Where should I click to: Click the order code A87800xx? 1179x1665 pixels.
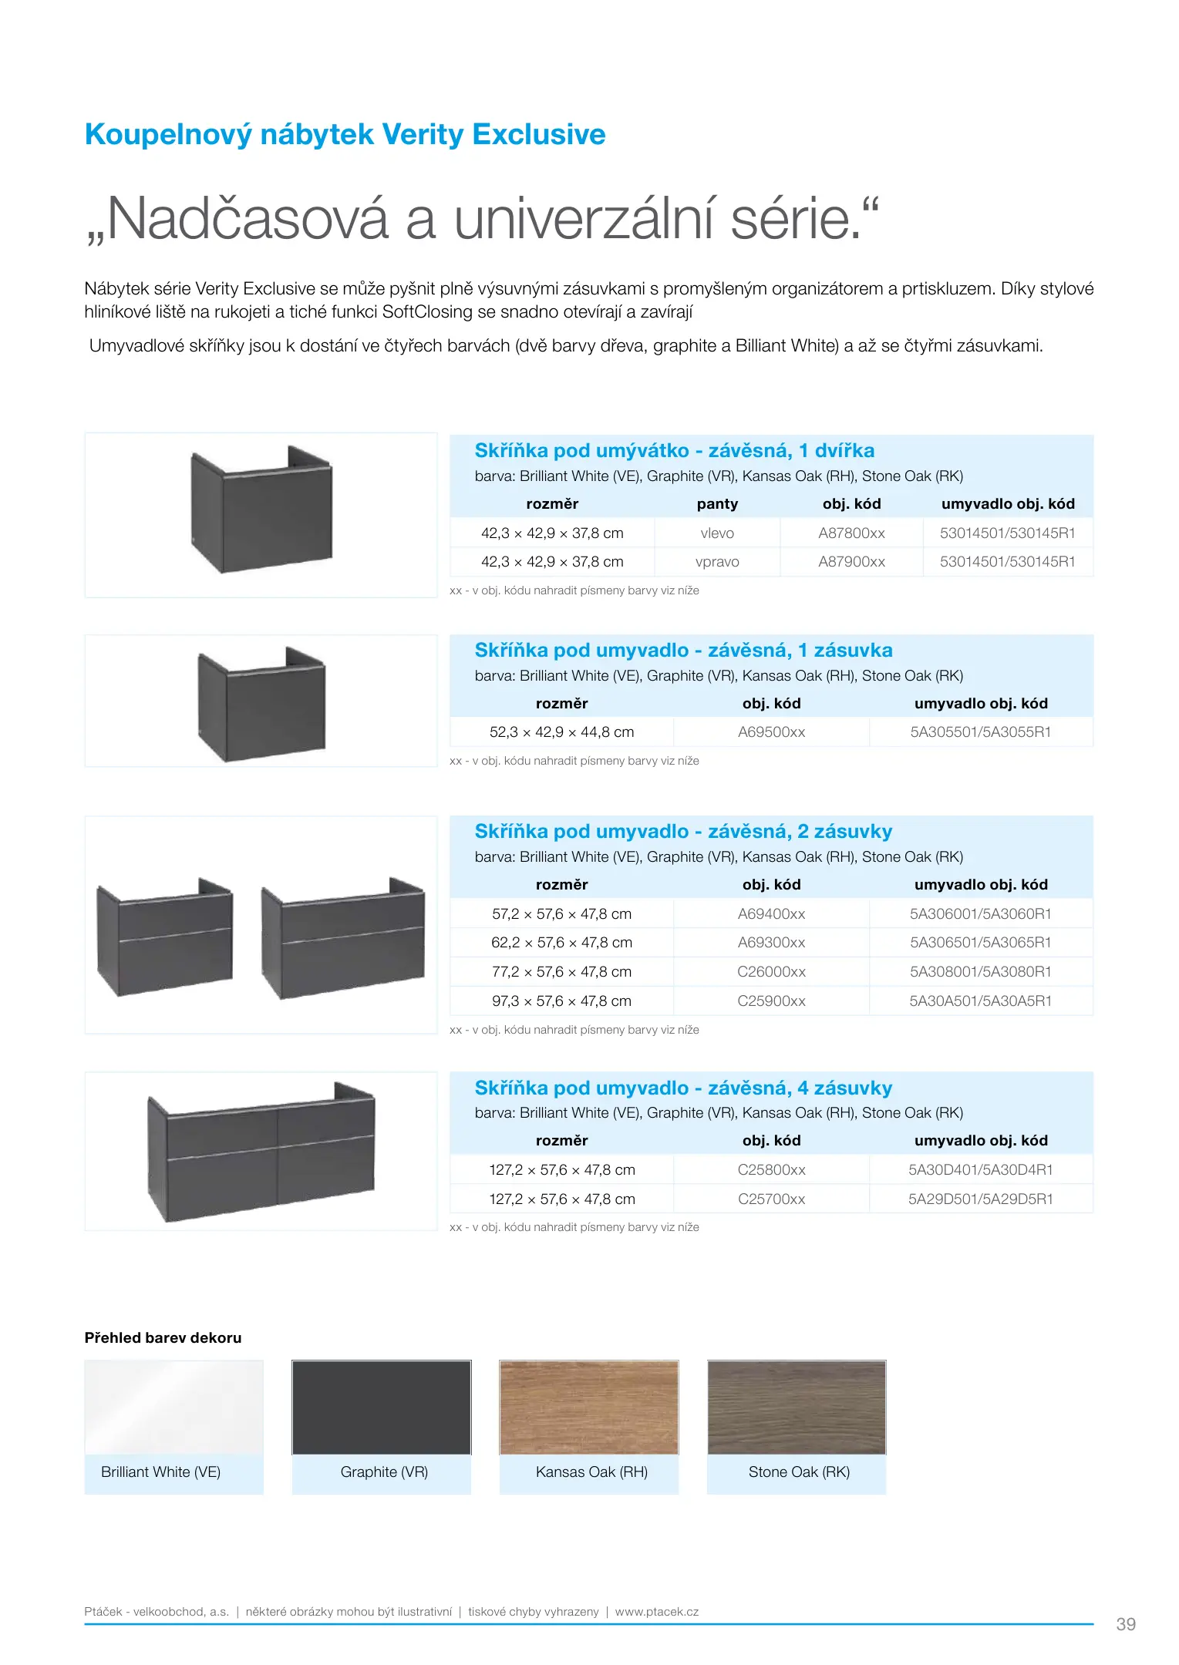pyautogui.click(x=851, y=533)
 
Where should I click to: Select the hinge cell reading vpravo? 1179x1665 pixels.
pyautogui.click(x=716, y=562)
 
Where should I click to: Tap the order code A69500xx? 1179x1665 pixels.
pyautogui.click(x=771, y=732)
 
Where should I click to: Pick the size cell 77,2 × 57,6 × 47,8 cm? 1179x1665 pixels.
pyautogui.click(x=561, y=972)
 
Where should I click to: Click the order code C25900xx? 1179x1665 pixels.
pyautogui.click(x=771, y=1001)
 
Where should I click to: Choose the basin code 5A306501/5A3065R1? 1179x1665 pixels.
pyautogui.click(x=980, y=943)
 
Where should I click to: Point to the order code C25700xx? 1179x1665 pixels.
pyautogui.click(x=771, y=1199)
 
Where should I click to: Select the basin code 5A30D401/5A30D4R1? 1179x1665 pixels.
pyautogui.click(x=980, y=1170)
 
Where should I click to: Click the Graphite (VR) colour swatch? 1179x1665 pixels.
pyautogui.click(x=381, y=1408)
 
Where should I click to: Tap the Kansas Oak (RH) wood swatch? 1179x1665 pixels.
pyautogui.click(x=589, y=1408)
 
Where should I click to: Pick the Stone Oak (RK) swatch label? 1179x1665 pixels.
pyautogui.click(x=799, y=1472)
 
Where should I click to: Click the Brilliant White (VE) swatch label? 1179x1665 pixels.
pyautogui.click(x=160, y=1472)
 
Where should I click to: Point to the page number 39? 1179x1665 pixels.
pyautogui.click(x=1126, y=1624)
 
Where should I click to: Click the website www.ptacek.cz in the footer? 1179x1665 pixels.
pyautogui.click(x=656, y=1612)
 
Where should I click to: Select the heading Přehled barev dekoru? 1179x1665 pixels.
pyautogui.click(x=163, y=1338)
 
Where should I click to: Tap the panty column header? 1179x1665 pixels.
pyautogui.click(x=717, y=504)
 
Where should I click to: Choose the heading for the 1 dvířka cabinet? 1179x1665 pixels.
pyautogui.click(x=674, y=451)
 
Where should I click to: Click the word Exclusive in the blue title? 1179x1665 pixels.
pyautogui.click(x=538, y=134)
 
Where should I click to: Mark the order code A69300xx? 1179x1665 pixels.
pyautogui.click(x=771, y=943)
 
